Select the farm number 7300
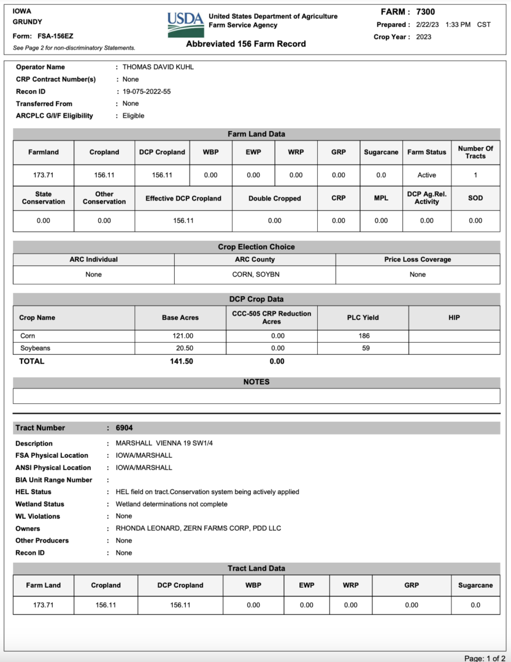coord(425,12)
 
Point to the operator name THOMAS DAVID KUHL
coord(158,67)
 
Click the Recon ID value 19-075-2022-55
coord(147,91)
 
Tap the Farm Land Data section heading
coord(256,134)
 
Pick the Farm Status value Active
coord(426,175)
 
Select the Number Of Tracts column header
coord(475,152)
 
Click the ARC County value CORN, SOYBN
coord(255,274)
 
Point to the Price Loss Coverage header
coord(417,259)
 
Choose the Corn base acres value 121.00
coord(183,336)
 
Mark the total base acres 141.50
coord(182,361)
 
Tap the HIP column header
coord(454,318)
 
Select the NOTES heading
coord(256,382)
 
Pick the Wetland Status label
coord(40,504)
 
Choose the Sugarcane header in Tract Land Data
coord(475,585)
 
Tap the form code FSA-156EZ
coord(55,36)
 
